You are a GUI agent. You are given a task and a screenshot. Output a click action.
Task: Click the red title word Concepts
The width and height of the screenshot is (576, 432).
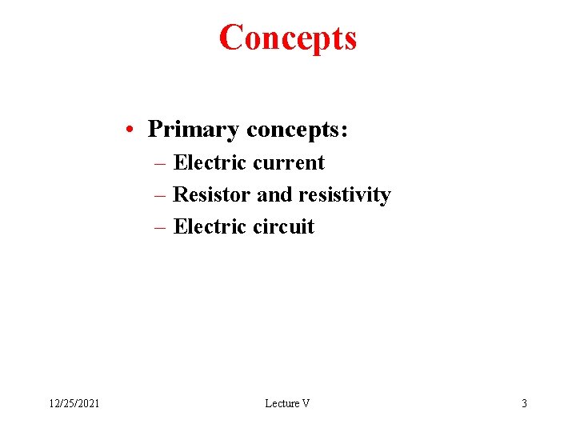(x=288, y=38)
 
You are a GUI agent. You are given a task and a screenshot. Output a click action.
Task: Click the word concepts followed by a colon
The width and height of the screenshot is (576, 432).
(x=297, y=130)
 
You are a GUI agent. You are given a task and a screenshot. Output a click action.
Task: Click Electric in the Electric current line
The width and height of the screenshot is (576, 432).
(x=210, y=162)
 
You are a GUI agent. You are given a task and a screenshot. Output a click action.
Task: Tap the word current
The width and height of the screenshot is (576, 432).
(x=288, y=163)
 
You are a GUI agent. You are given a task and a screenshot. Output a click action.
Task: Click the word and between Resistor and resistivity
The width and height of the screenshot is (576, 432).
(x=274, y=194)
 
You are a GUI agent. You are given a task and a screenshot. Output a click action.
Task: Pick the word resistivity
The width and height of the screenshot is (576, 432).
(x=344, y=194)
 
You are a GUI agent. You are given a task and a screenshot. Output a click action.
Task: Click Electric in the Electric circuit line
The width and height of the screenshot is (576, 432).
(x=210, y=226)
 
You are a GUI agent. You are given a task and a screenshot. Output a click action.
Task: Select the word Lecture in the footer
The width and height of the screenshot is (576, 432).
(x=281, y=403)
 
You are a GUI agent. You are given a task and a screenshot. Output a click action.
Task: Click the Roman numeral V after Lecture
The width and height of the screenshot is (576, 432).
(x=305, y=403)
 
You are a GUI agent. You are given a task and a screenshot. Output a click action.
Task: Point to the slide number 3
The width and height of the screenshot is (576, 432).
(x=524, y=403)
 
